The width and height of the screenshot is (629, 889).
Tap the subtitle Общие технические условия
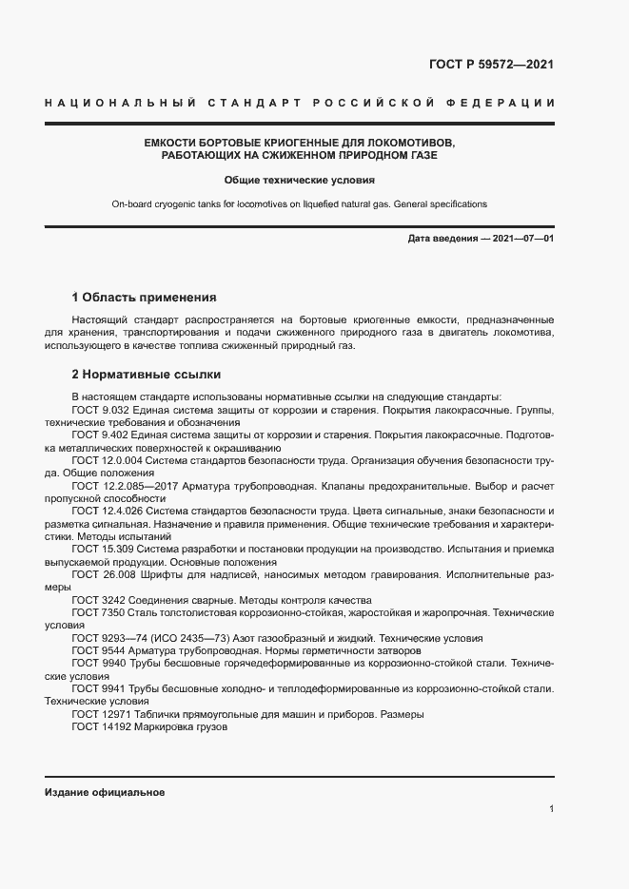point(300,179)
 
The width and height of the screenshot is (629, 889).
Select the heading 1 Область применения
point(145,297)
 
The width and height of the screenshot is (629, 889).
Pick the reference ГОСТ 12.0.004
point(108,459)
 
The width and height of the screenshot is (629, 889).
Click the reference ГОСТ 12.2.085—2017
point(127,485)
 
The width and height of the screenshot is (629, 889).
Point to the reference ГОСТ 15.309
point(103,550)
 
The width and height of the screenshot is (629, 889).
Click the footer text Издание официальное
point(105,792)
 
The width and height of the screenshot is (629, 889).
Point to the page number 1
point(552,809)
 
